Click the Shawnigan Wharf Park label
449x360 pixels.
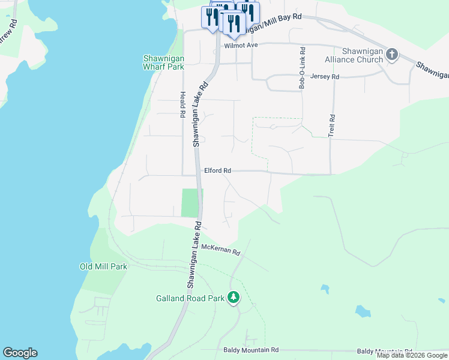point(163,63)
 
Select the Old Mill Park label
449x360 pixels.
point(103,266)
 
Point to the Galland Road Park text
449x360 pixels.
point(190,298)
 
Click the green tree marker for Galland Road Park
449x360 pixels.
point(234,297)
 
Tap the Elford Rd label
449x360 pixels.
point(217,171)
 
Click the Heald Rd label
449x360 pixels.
point(181,105)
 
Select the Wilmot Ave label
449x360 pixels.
point(240,45)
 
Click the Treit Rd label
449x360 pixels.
point(331,124)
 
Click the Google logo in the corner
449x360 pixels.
point(20,353)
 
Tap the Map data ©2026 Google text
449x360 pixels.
point(412,355)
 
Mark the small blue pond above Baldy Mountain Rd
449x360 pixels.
point(363,311)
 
